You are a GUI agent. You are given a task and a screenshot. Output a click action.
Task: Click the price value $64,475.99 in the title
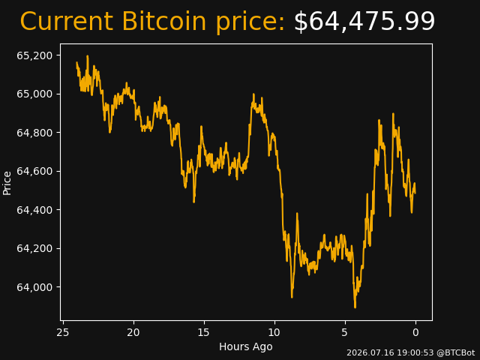pyautogui.click(x=364, y=22)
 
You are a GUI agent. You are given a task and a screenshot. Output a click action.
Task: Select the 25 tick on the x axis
pyautogui.click(x=63, y=332)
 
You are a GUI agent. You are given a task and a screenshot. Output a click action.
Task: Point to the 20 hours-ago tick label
pyautogui.click(x=133, y=332)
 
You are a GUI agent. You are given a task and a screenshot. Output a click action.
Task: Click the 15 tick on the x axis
pyautogui.click(x=204, y=332)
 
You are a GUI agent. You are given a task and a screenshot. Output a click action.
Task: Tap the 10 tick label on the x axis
pyautogui.click(x=274, y=332)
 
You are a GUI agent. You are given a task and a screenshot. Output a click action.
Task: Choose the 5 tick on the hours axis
pyautogui.click(x=345, y=332)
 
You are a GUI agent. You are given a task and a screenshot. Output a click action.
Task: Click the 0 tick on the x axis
pyautogui.click(x=415, y=332)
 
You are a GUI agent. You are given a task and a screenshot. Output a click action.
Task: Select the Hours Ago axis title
pyautogui.click(x=246, y=346)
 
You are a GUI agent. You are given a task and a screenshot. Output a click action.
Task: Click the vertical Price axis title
pyautogui.click(x=7, y=183)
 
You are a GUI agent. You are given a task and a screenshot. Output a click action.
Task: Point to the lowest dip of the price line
pyautogui.click(x=355, y=307)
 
